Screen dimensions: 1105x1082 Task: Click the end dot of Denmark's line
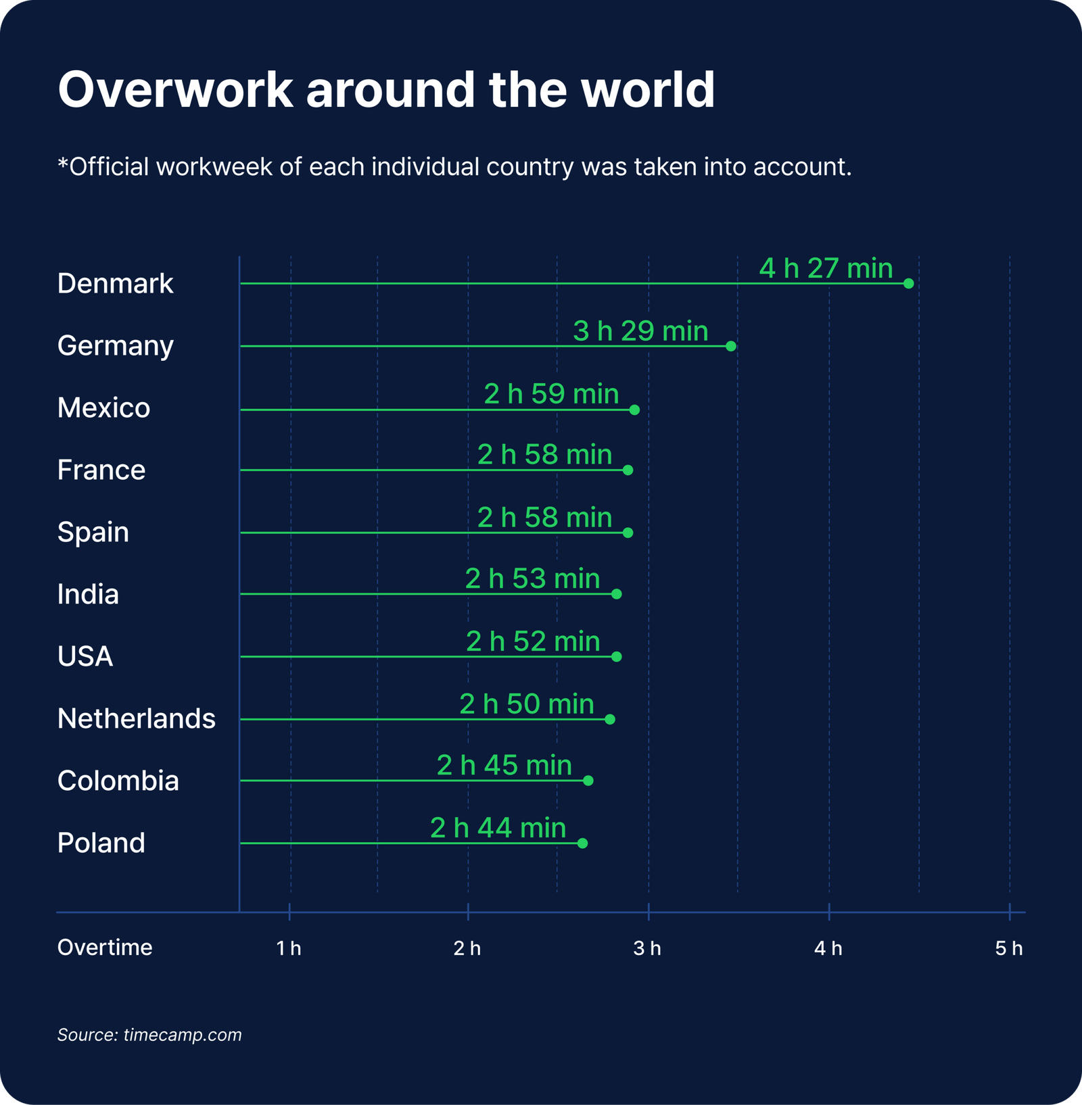[x=908, y=283]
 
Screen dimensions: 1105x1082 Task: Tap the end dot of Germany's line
[x=730, y=346]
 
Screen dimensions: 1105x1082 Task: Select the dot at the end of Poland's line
[x=582, y=843]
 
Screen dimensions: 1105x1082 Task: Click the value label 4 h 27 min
[x=826, y=268]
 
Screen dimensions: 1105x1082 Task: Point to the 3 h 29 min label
[x=640, y=331]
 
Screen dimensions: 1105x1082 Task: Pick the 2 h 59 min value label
[x=551, y=394]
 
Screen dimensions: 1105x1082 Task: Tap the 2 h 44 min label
[x=498, y=828]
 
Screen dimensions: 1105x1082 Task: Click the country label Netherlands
[x=137, y=718]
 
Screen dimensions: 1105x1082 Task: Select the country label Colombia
[x=118, y=781]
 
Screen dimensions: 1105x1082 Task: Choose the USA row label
[x=85, y=656]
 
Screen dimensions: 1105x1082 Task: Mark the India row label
[x=88, y=594]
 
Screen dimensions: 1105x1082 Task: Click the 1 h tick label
[x=289, y=948]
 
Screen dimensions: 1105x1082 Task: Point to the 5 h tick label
[x=1008, y=948]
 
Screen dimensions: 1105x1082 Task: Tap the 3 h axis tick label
[x=647, y=948]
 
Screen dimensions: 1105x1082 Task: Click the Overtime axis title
[x=105, y=947]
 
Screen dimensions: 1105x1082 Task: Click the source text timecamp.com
[x=183, y=1035]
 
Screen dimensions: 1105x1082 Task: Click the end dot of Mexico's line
[x=634, y=410]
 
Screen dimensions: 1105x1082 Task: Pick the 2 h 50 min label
[x=527, y=704]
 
